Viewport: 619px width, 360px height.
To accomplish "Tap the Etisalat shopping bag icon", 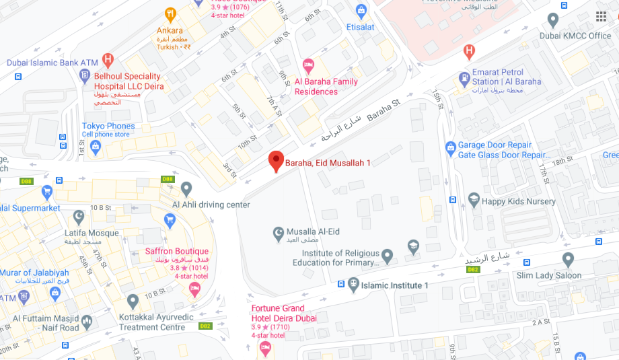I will [x=361, y=11].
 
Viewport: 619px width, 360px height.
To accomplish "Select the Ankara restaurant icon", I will [x=170, y=13].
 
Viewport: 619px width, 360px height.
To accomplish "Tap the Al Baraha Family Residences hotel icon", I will [x=309, y=65].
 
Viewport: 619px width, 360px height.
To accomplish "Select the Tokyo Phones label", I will [x=108, y=126].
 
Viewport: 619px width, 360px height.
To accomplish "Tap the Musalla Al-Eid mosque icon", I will [x=278, y=232].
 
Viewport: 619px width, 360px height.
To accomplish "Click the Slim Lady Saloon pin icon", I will [x=569, y=259].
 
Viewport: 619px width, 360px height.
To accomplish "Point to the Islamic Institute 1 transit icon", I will [x=352, y=285].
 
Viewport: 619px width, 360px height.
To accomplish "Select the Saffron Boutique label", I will [x=177, y=252].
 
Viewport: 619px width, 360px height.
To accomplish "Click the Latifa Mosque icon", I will [x=79, y=217].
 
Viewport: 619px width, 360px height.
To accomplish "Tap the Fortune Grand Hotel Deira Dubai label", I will [x=284, y=313].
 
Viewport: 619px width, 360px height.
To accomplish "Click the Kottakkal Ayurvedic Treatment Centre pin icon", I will [x=133, y=300].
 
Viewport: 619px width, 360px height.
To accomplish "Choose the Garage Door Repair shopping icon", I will [x=450, y=147].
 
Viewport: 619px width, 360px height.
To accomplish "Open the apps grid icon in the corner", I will [x=601, y=17].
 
